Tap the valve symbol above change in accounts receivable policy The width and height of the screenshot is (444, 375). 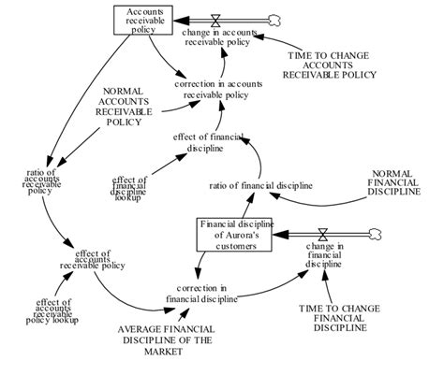coord(215,18)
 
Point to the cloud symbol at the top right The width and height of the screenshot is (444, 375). coord(274,18)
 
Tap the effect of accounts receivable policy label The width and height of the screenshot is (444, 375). coord(94,258)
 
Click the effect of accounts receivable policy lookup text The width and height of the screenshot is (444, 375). coord(56,313)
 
